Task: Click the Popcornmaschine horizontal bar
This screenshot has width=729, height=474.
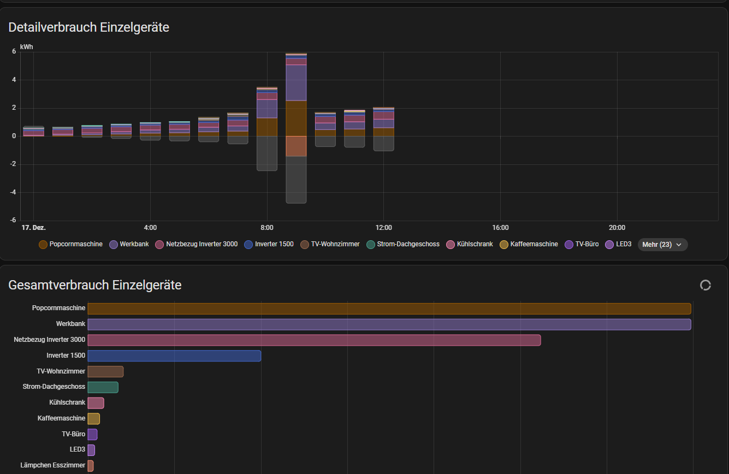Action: (x=389, y=309)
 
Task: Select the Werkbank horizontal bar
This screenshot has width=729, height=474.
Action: (x=389, y=324)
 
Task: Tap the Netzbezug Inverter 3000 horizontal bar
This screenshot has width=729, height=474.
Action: (x=314, y=340)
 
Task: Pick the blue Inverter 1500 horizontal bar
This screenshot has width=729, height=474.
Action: (x=174, y=356)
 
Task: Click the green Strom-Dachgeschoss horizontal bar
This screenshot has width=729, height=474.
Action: (x=103, y=387)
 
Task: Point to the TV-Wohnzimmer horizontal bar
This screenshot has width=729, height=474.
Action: (x=105, y=371)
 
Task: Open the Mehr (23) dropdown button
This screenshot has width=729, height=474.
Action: (x=662, y=245)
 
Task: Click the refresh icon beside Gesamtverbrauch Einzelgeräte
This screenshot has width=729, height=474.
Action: (x=705, y=285)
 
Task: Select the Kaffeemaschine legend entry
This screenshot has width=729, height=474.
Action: (x=529, y=244)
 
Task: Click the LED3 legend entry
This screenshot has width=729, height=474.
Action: (x=618, y=244)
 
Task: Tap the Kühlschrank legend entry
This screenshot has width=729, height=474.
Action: (x=470, y=244)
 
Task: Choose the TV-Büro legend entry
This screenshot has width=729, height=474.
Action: (x=582, y=244)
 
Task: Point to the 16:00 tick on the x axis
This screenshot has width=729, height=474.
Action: (x=500, y=228)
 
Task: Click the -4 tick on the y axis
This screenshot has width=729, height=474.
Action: (x=13, y=192)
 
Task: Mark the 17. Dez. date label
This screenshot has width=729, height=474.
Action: (x=33, y=228)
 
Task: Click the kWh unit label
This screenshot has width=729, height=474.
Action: (x=26, y=47)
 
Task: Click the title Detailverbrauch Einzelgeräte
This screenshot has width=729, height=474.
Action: (x=89, y=27)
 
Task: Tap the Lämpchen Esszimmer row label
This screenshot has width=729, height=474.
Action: (x=53, y=465)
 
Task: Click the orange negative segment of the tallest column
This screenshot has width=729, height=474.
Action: (x=296, y=146)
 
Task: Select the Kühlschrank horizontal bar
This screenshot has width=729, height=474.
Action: (x=96, y=403)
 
